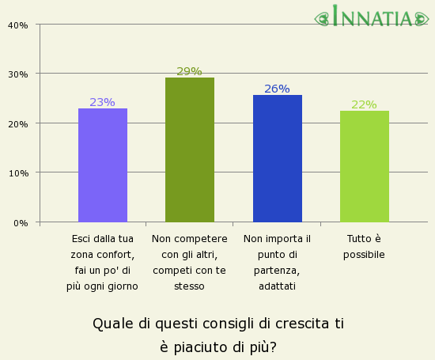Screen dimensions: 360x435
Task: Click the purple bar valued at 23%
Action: pos(103,165)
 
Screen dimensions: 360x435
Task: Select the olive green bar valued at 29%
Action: pos(190,150)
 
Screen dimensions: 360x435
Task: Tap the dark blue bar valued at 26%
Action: pos(277,158)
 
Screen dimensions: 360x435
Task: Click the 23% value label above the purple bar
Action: pos(102,102)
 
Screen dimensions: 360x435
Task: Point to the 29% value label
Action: pos(189,71)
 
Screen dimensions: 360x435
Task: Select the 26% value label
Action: pos(277,89)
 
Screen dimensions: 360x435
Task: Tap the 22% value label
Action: pos(364,104)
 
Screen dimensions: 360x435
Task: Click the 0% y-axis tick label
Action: pos(21,222)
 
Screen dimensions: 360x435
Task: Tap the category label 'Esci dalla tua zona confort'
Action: pos(103,262)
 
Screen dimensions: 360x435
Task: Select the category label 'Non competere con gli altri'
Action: pos(190,262)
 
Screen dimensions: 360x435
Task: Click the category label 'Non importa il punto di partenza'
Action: pos(277,262)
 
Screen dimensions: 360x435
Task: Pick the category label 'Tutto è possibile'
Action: pos(364,246)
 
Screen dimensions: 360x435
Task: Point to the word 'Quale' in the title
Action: pos(110,324)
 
